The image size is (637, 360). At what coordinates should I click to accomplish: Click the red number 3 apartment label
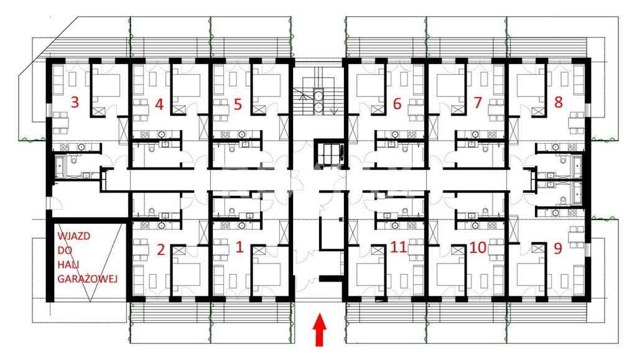pos(75,102)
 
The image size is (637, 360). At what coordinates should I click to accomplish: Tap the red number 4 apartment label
pos(159,104)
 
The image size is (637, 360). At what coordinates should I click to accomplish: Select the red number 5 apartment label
pos(238,104)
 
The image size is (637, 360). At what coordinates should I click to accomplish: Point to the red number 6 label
pos(398,103)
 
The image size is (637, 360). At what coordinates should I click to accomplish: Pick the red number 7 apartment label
pos(478,103)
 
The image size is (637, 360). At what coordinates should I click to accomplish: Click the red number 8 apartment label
pos(559,102)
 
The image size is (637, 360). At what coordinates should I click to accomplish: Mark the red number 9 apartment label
pos(558,248)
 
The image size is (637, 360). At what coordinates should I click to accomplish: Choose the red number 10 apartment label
pos(478,247)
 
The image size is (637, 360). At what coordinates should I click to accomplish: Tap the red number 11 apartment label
pos(399,247)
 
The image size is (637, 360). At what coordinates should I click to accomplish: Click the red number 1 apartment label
pos(239,247)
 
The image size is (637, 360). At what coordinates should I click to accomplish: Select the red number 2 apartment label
pos(161,249)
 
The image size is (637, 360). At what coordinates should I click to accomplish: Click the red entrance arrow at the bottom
pos(320,329)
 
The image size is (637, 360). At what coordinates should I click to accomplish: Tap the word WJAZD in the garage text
pos(73,236)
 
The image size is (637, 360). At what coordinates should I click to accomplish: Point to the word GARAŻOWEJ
pos(87,279)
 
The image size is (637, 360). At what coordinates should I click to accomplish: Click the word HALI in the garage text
pos(68,265)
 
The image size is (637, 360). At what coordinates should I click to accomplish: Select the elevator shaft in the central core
pos(330,154)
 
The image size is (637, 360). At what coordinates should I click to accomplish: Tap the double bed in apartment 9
pos(531,275)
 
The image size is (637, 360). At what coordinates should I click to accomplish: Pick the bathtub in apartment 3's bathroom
pos(59,167)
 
